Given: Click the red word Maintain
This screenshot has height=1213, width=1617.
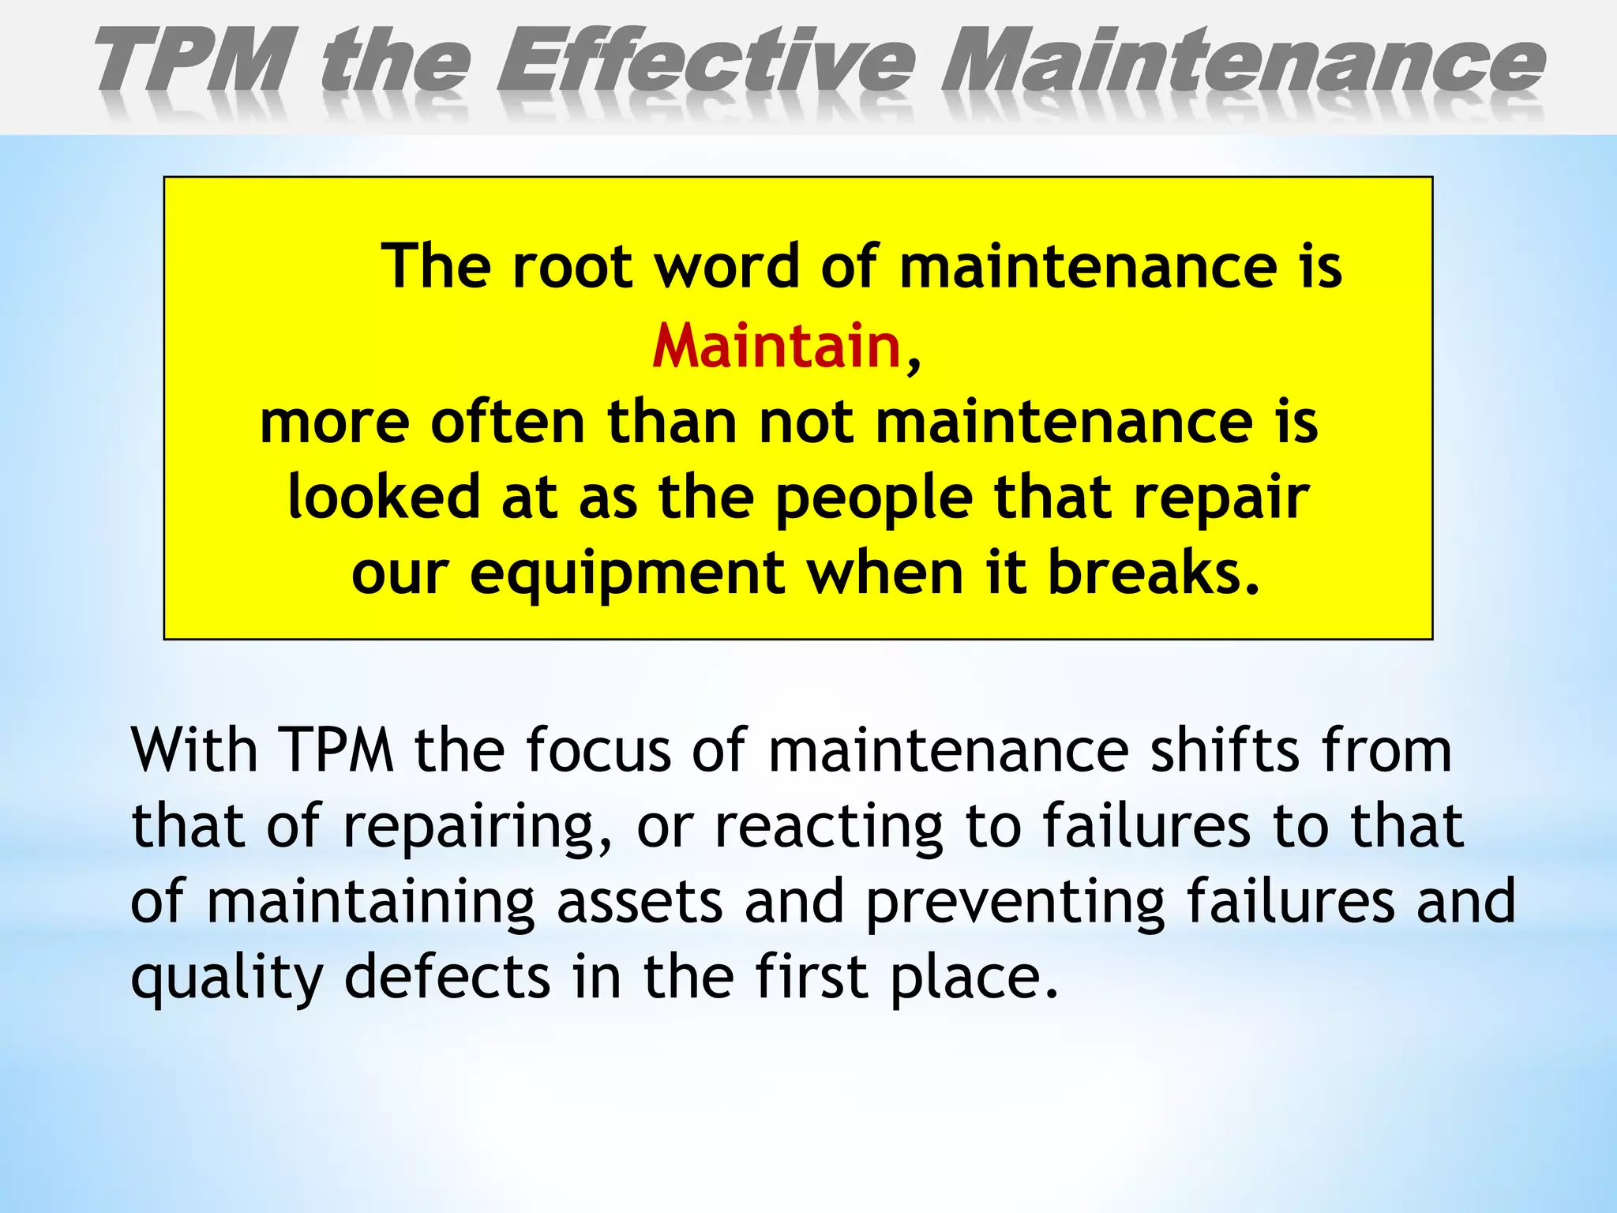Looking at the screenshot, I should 777,347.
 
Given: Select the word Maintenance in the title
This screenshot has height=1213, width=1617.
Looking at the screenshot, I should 1243,62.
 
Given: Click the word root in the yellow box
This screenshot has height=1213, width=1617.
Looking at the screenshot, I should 572,266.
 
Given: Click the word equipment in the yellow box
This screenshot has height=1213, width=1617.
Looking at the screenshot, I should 627,575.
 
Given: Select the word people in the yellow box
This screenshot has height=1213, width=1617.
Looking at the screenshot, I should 873,499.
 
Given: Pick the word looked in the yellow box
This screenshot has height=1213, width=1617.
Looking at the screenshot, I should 384,498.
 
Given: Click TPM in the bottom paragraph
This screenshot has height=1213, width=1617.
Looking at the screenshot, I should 336,750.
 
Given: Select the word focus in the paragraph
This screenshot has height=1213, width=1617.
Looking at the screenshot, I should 598,750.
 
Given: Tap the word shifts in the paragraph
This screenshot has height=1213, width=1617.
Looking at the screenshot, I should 1225,750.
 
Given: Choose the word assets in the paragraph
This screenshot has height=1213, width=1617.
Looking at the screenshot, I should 640,902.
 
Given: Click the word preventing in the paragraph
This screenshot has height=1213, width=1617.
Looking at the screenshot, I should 1015,902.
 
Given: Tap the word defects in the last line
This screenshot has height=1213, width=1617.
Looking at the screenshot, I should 448,978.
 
